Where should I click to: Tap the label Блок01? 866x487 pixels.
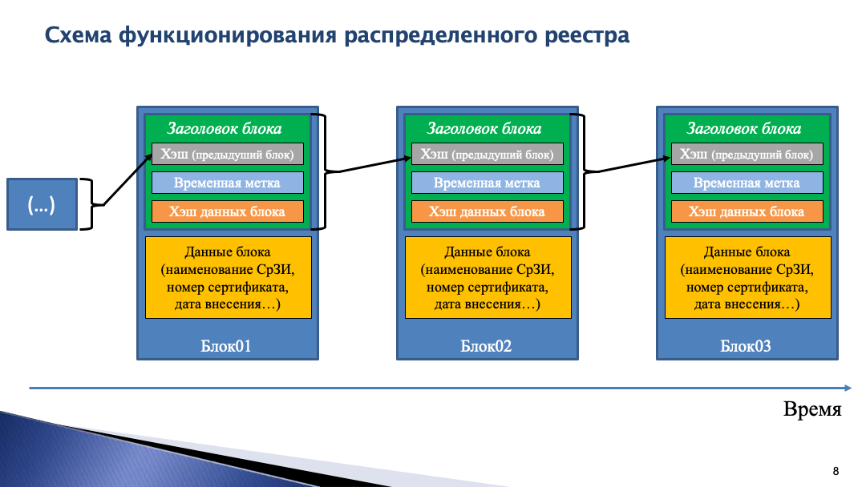(226, 346)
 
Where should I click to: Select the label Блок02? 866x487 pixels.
(486, 346)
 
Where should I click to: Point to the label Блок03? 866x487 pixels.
(746, 346)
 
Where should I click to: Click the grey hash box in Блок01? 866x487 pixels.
(228, 154)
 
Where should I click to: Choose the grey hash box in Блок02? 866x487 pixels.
(488, 154)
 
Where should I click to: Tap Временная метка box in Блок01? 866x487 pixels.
(228, 183)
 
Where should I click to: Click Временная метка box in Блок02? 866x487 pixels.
(488, 183)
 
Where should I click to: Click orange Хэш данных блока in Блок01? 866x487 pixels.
(228, 211)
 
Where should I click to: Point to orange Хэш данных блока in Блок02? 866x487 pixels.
(488, 211)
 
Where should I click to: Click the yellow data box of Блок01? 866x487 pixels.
(228, 277)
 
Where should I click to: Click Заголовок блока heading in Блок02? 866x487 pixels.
(484, 128)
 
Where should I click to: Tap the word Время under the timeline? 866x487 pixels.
(812, 410)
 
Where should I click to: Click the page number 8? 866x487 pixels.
(836, 470)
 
